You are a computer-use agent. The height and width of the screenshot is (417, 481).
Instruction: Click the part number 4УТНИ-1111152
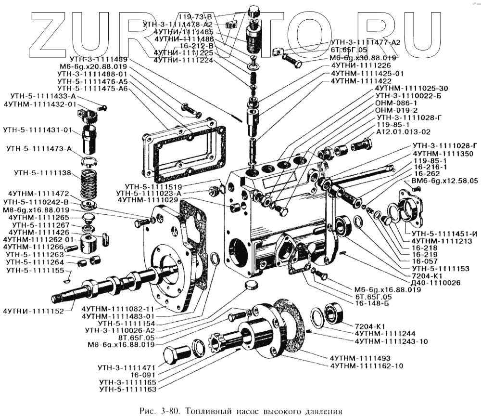pos(33,311)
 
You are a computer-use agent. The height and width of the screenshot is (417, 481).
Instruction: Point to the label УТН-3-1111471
pos(128,367)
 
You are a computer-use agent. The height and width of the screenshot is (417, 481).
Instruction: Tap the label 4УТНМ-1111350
pos(442,154)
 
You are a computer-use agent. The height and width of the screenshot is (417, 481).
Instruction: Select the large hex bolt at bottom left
pos(174,355)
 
